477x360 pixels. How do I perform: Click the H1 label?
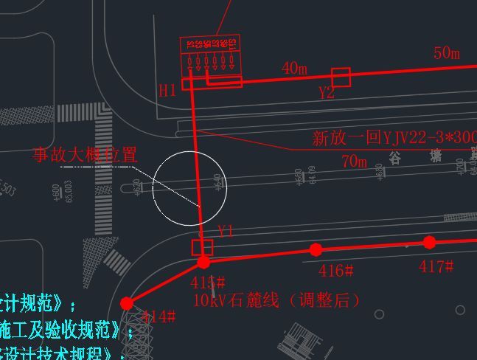pos(167,91)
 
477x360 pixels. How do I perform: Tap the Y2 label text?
pos(327,93)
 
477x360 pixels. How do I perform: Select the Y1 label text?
pos(226,232)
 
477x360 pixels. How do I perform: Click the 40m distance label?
pos(294,69)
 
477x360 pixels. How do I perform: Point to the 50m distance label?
pos(447,53)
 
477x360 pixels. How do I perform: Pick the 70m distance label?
pos(354,161)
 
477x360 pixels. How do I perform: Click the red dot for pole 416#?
pos(316,249)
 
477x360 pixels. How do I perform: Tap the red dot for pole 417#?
pos(430,242)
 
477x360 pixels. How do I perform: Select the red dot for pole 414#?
pos(127,303)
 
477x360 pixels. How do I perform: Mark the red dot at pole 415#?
pos(203,262)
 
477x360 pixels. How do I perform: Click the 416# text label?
pos(336,271)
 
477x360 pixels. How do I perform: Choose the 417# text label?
pos(436,266)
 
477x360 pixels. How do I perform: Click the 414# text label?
pos(158,317)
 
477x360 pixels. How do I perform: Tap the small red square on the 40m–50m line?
pos(341,77)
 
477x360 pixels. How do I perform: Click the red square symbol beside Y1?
pos(202,247)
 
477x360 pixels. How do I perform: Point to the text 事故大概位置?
pos(85,155)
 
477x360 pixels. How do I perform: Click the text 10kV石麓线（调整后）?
pos(277,300)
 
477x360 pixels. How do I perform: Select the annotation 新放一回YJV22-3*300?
pos(394,138)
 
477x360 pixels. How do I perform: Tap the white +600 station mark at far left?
pos(57,193)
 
